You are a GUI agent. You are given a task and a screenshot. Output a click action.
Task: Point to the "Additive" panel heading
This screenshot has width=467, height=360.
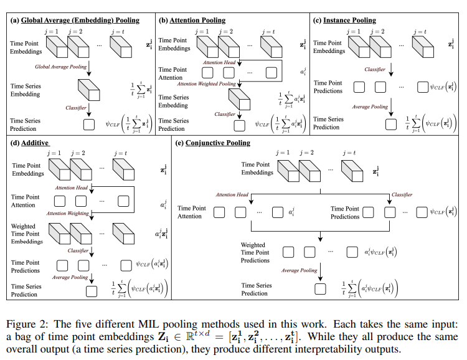coord(35,143)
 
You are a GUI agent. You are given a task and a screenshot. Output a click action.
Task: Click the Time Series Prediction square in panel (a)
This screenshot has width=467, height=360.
coord(88,125)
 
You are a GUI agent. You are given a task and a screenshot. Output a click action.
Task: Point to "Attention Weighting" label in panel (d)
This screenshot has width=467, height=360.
coord(68,213)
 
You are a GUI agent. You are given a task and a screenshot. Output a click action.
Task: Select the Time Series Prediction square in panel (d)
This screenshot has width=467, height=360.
coord(91,290)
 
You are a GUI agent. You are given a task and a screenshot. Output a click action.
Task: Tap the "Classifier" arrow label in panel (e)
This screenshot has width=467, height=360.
coord(402,195)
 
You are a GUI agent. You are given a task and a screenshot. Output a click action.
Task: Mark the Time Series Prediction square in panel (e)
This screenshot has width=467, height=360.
coord(321,289)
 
